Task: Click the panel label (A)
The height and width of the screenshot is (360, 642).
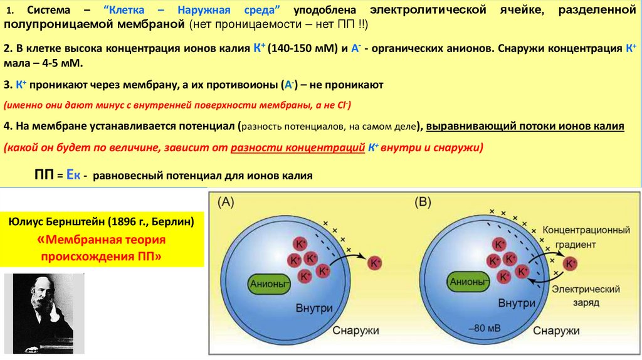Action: click(x=226, y=203)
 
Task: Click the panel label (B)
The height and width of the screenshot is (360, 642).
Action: click(x=424, y=203)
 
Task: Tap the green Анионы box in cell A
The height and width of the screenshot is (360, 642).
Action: click(x=270, y=284)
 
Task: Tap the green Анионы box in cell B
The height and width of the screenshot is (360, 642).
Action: click(x=468, y=282)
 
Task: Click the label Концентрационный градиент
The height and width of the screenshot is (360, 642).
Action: click(x=582, y=236)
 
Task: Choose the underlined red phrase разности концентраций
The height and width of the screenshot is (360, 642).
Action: click(x=298, y=148)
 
